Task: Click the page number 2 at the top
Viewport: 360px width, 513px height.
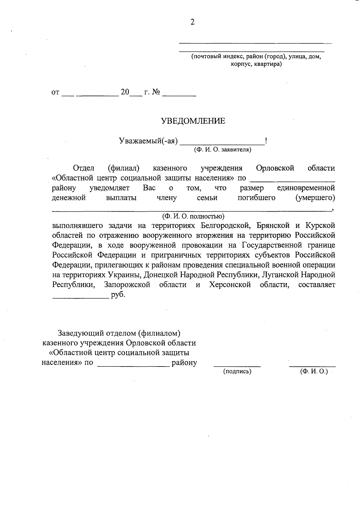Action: click(x=192, y=22)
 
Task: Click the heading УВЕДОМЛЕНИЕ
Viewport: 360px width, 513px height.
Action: click(x=193, y=121)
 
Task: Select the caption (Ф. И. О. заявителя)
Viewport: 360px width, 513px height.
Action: click(x=222, y=149)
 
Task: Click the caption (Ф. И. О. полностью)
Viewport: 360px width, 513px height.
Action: click(x=193, y=216)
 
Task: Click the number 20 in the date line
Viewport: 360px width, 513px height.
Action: click(x=124, y=92)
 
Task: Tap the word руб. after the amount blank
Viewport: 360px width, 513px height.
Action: click(x=118, y=295)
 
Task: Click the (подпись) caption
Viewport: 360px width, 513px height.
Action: click(x=237, y=372)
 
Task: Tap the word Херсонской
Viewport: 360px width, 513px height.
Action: click(x=230, y=285)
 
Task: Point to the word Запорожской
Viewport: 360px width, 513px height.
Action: click(x=127, y=285)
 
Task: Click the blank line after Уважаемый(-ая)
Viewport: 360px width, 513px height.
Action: click(x=222, y=144)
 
